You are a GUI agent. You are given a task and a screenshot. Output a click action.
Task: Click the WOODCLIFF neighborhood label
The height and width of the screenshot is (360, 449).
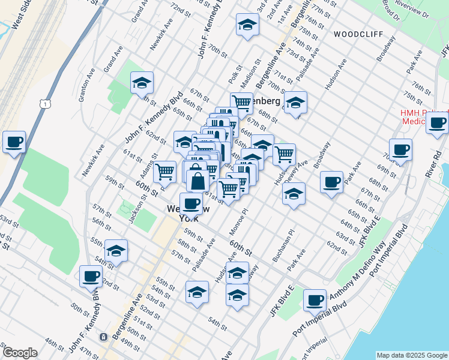[358, 34]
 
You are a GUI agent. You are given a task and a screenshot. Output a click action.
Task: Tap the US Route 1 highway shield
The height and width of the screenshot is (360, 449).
[45, 104]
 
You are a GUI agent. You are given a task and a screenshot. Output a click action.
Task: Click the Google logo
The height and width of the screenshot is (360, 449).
[20, 353]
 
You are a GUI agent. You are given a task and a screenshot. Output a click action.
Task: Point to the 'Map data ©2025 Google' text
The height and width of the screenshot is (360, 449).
[411, 355]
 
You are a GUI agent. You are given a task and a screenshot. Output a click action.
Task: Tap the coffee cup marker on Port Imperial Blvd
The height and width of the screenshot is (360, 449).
[315, 299]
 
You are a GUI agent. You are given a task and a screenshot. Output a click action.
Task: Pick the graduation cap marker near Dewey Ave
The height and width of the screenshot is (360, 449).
[294, 194]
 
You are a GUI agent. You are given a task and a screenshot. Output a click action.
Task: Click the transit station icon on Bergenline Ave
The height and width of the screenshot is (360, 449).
[104, 337]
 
